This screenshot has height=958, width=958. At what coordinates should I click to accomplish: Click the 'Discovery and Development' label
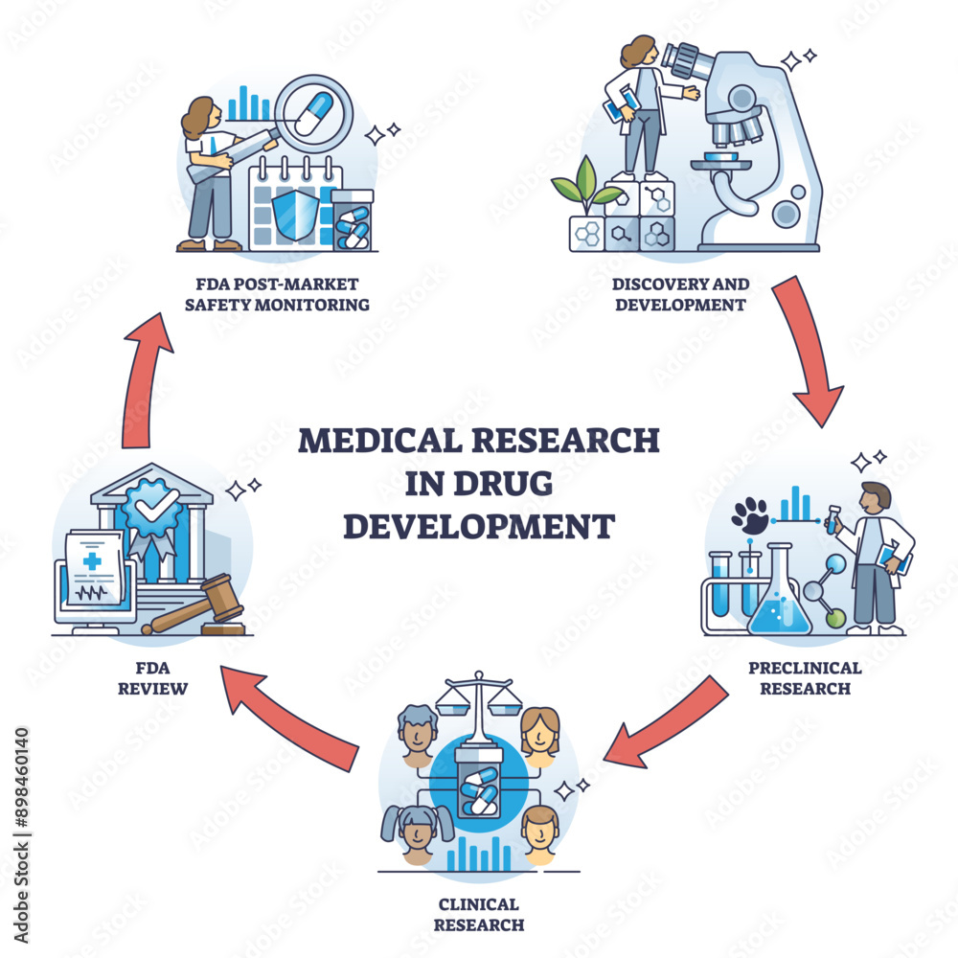tap(681, 295)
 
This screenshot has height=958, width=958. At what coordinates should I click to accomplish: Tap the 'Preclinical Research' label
tap(805, 677)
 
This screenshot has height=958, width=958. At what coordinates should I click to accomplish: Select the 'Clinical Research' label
tap(479, 914)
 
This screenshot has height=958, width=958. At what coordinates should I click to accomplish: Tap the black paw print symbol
tap(749, 515)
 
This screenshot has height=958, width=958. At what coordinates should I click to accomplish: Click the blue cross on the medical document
tap(92, 560)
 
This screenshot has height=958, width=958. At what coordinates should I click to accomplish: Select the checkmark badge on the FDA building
tap(149, 504)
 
